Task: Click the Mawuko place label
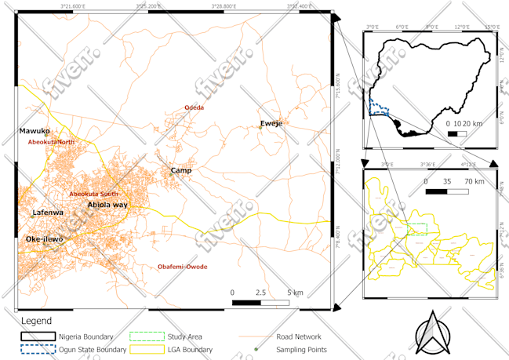click(35, 131)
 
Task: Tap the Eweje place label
click(271, 124)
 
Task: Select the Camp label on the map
click(181, 170)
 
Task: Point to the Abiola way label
click(107, 205)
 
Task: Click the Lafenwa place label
click(47, 213)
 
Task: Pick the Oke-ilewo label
click(44, 238)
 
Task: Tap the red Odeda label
click(194, 107)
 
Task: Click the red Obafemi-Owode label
click(183, 267)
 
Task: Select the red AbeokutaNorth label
click(51, 142)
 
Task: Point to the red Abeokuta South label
click(93, 194)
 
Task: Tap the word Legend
click(36, 321)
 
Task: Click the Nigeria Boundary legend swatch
click(38, 336)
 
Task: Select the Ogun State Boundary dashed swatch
click(38, 349)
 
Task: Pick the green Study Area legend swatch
click(145, 336)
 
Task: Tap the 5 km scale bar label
click(295, 293)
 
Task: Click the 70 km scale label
click(472, 181)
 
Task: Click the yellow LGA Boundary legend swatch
click(145, 349)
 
